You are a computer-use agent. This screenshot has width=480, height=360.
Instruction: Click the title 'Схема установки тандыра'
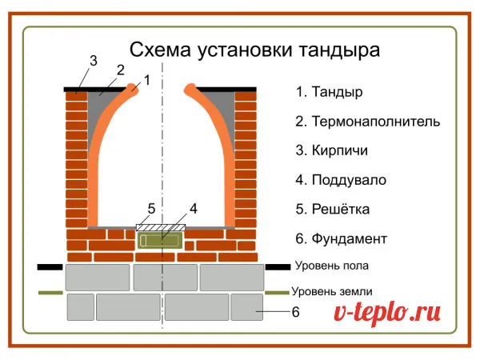[x=254, y=50]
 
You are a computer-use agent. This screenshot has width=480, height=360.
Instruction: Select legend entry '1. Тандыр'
[x=329, y=92]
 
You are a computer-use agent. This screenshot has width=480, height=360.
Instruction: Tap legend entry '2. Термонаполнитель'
[x=368, y=122]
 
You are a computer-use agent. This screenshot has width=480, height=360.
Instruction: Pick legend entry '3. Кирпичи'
[x=331, y=150]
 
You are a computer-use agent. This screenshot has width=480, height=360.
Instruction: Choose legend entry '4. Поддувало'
[x=341, y=180]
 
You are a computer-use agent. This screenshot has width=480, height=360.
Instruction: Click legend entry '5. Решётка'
[x=333, y=209]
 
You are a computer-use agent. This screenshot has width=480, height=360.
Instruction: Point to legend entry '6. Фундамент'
[x=342, y=238]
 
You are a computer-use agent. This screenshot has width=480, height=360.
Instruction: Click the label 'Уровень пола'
[x=332, y=266]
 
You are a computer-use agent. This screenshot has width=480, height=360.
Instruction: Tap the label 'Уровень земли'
[x=332, y=291]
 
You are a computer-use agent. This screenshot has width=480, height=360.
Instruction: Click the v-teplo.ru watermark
[x=387, y=313]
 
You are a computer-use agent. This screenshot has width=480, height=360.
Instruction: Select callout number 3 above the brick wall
[x=94, y=61]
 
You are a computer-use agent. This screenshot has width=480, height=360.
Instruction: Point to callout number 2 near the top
[x=121, y=70]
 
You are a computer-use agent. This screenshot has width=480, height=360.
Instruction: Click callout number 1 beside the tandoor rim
[x=147, y=80]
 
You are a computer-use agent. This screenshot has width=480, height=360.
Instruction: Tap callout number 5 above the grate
[x=151, y=209]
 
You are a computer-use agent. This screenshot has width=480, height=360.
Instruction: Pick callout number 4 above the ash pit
[x=193, y=209]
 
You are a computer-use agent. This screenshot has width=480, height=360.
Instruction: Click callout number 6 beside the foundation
[x=295, y=312]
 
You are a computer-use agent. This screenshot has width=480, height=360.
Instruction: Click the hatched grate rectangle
[x=161, y=227]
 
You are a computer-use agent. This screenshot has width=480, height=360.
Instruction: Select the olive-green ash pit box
[x=160, y=240]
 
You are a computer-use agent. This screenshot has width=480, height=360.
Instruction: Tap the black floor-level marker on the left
[x=50, y=267]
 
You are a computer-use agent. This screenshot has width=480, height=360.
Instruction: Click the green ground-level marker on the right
[x=277, y=293]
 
